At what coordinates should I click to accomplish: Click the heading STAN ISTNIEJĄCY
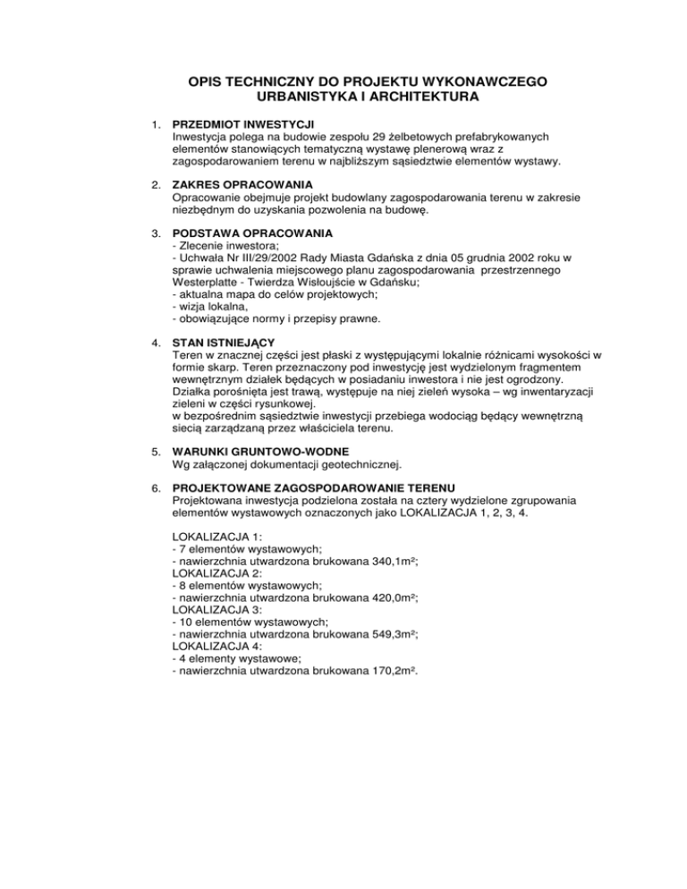223,343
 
